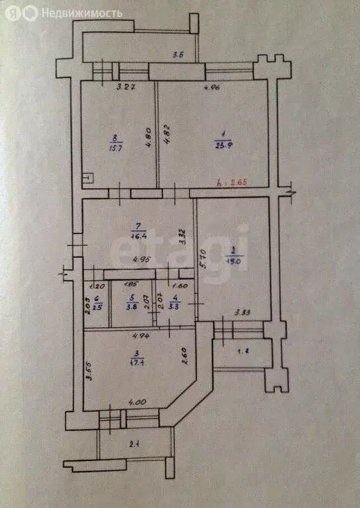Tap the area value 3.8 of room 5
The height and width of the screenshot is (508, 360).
(x=132, y=306)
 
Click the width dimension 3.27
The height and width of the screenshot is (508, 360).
(x=125, y=87)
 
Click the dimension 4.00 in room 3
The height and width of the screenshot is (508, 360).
(x=137, y=401)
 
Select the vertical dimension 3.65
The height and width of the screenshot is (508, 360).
(x=89, y=374)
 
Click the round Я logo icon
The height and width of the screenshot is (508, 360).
(x=12, y=13)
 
